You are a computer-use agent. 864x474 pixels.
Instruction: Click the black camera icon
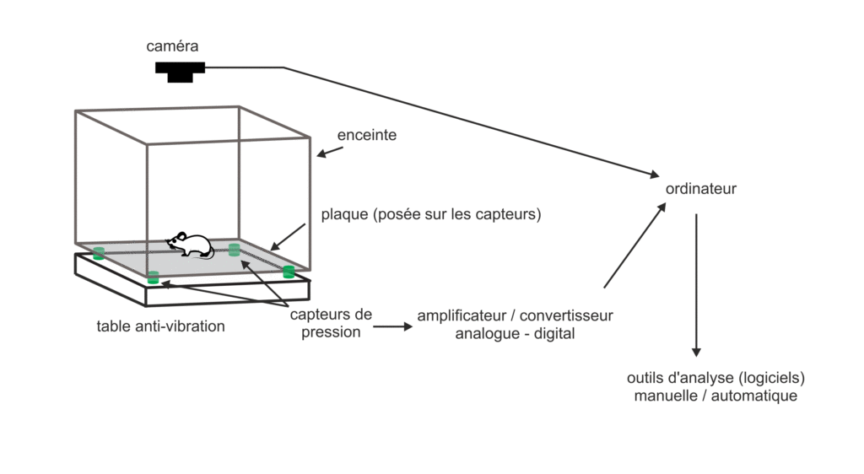pos(180,72)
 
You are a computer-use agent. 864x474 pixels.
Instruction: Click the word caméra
pos(172,46)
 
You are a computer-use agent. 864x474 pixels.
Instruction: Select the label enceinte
pos(366,135)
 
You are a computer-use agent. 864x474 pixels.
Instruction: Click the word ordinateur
pos(700,189)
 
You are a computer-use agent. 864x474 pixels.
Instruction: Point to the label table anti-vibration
pos(160,326)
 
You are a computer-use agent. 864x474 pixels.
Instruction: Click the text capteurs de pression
pos(330,323)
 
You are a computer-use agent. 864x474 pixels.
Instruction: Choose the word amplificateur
pos(462,315)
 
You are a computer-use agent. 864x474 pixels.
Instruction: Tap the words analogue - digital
pos(515,333)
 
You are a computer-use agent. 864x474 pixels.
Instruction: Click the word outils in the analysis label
pos(646,377)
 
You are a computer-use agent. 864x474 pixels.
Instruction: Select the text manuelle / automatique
pos(715,395)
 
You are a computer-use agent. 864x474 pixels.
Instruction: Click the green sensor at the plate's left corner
pos(99,252)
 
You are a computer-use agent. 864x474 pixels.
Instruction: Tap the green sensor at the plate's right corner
pos(289,272)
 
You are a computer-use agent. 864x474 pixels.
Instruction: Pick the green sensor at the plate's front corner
pos(153,277)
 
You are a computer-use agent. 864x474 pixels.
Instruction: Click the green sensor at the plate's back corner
pos(234,249)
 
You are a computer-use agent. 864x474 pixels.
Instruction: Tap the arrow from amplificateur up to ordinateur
pos(634,247)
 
